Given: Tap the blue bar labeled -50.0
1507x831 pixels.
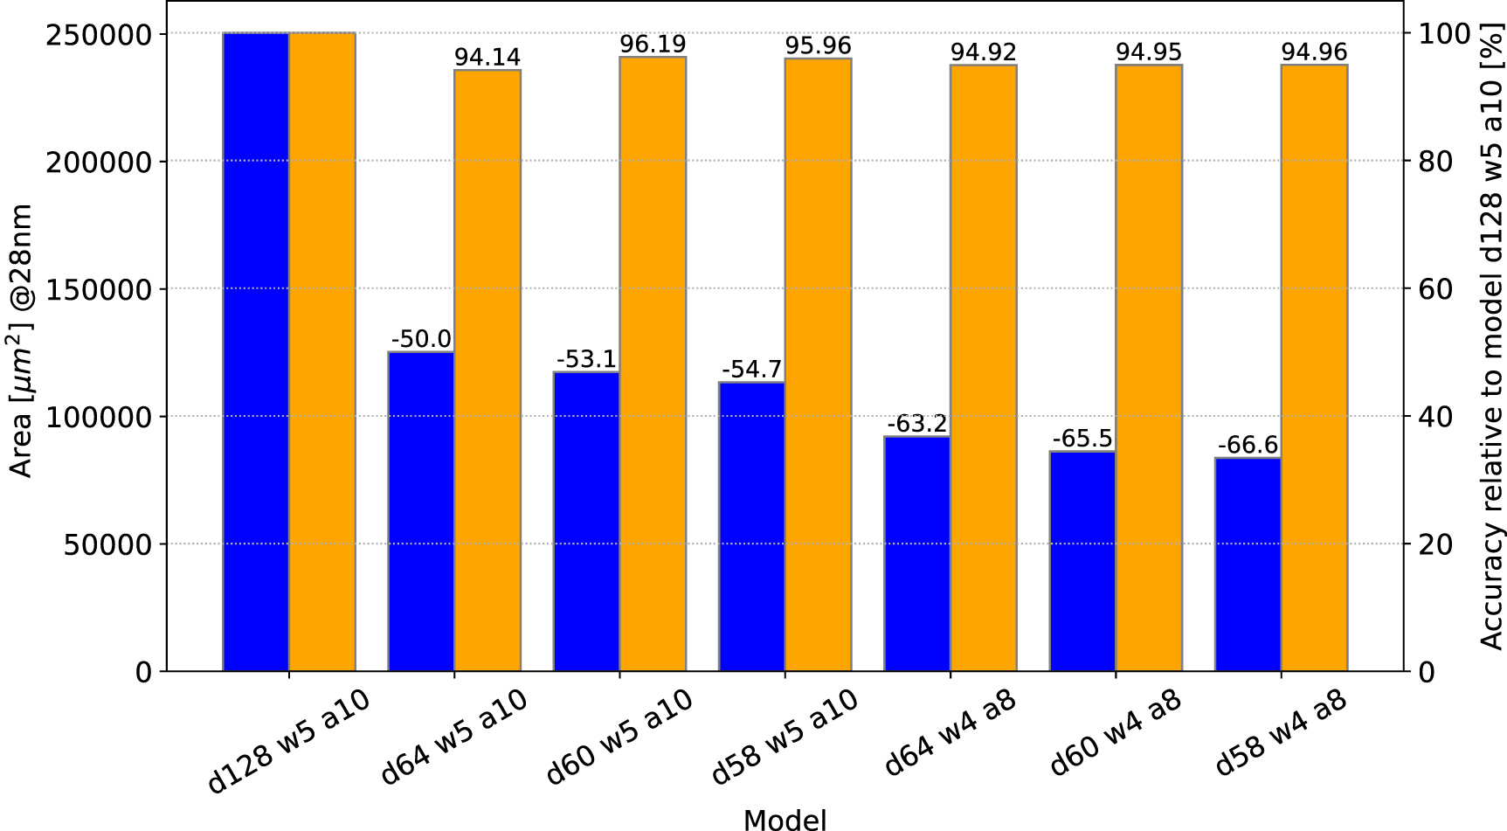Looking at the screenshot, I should pos(421,511).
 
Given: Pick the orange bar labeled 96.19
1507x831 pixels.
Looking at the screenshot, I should pos(653,364).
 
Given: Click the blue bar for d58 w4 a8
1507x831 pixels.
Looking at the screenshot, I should pos(1248,564).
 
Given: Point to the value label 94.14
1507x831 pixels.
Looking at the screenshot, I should pos(487,58).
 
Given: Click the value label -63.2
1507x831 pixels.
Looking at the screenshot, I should pos(916,424).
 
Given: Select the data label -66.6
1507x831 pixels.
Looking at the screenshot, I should pos(1248,446).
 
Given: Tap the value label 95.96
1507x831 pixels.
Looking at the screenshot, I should pos(818,45).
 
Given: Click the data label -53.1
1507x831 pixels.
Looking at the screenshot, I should pos(586,359).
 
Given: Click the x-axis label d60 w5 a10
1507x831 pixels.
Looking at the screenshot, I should pos(620,736).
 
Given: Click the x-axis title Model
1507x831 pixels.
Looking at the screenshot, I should pos(785,820).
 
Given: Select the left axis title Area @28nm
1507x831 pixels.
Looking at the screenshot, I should pos(21,341).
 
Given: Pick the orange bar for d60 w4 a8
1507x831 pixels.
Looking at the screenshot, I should pos(1149,368).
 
